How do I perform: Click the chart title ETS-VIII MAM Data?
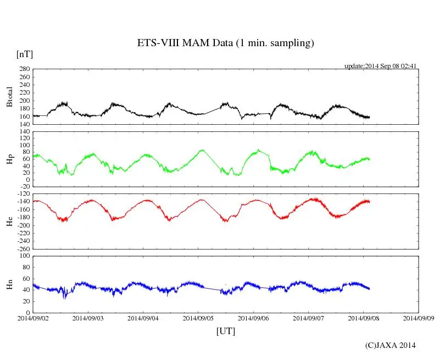point(225,43)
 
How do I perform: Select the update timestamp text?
point(381,66)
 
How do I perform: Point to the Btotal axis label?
point(10,97)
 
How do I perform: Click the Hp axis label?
point(10,159)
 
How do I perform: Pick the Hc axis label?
point(10,221)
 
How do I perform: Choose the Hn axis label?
point(10,284)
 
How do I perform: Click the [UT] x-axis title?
point(225,331)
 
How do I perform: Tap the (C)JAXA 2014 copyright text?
point(390,345)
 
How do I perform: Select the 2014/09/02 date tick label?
point(33,318)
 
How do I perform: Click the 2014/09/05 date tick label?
point(198,318)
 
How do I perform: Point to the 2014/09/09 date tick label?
point(419,318)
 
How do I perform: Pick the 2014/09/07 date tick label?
point(308,318)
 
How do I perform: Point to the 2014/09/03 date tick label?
point(88,318)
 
